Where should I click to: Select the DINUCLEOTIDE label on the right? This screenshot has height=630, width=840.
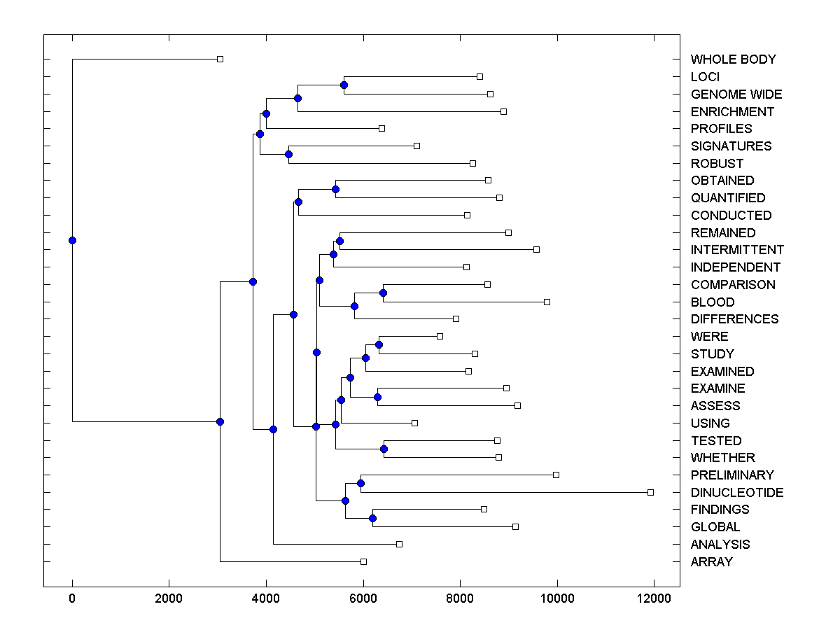click(737, 493)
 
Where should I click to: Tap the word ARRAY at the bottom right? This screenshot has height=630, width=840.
click(711, 562)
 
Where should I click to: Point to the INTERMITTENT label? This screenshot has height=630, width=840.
click(737, 250)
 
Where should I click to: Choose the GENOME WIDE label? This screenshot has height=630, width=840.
click(736, 94)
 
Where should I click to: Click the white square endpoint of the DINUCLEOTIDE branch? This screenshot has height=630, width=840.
click(650, 492)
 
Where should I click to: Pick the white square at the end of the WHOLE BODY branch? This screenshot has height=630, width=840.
click(220, 59)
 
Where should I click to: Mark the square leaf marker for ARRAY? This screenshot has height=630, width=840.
click(363, 561)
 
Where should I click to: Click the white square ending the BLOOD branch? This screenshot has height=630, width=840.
click(547, 302)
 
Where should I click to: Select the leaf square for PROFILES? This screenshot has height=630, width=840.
click(381, 128)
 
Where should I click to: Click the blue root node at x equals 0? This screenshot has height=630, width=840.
click(72, 240)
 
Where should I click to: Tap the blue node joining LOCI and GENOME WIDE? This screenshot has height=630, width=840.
click(344, 85)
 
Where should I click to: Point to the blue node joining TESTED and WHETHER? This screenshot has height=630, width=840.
click(384, 449)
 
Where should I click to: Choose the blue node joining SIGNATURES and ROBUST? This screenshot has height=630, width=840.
click(288, 154)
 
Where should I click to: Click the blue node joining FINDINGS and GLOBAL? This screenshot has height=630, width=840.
click(372, 518)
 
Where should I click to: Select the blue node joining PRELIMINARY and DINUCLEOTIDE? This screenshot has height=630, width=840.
click(360, 483)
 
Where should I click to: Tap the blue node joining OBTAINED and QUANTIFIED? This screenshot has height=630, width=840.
click(335, 189)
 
